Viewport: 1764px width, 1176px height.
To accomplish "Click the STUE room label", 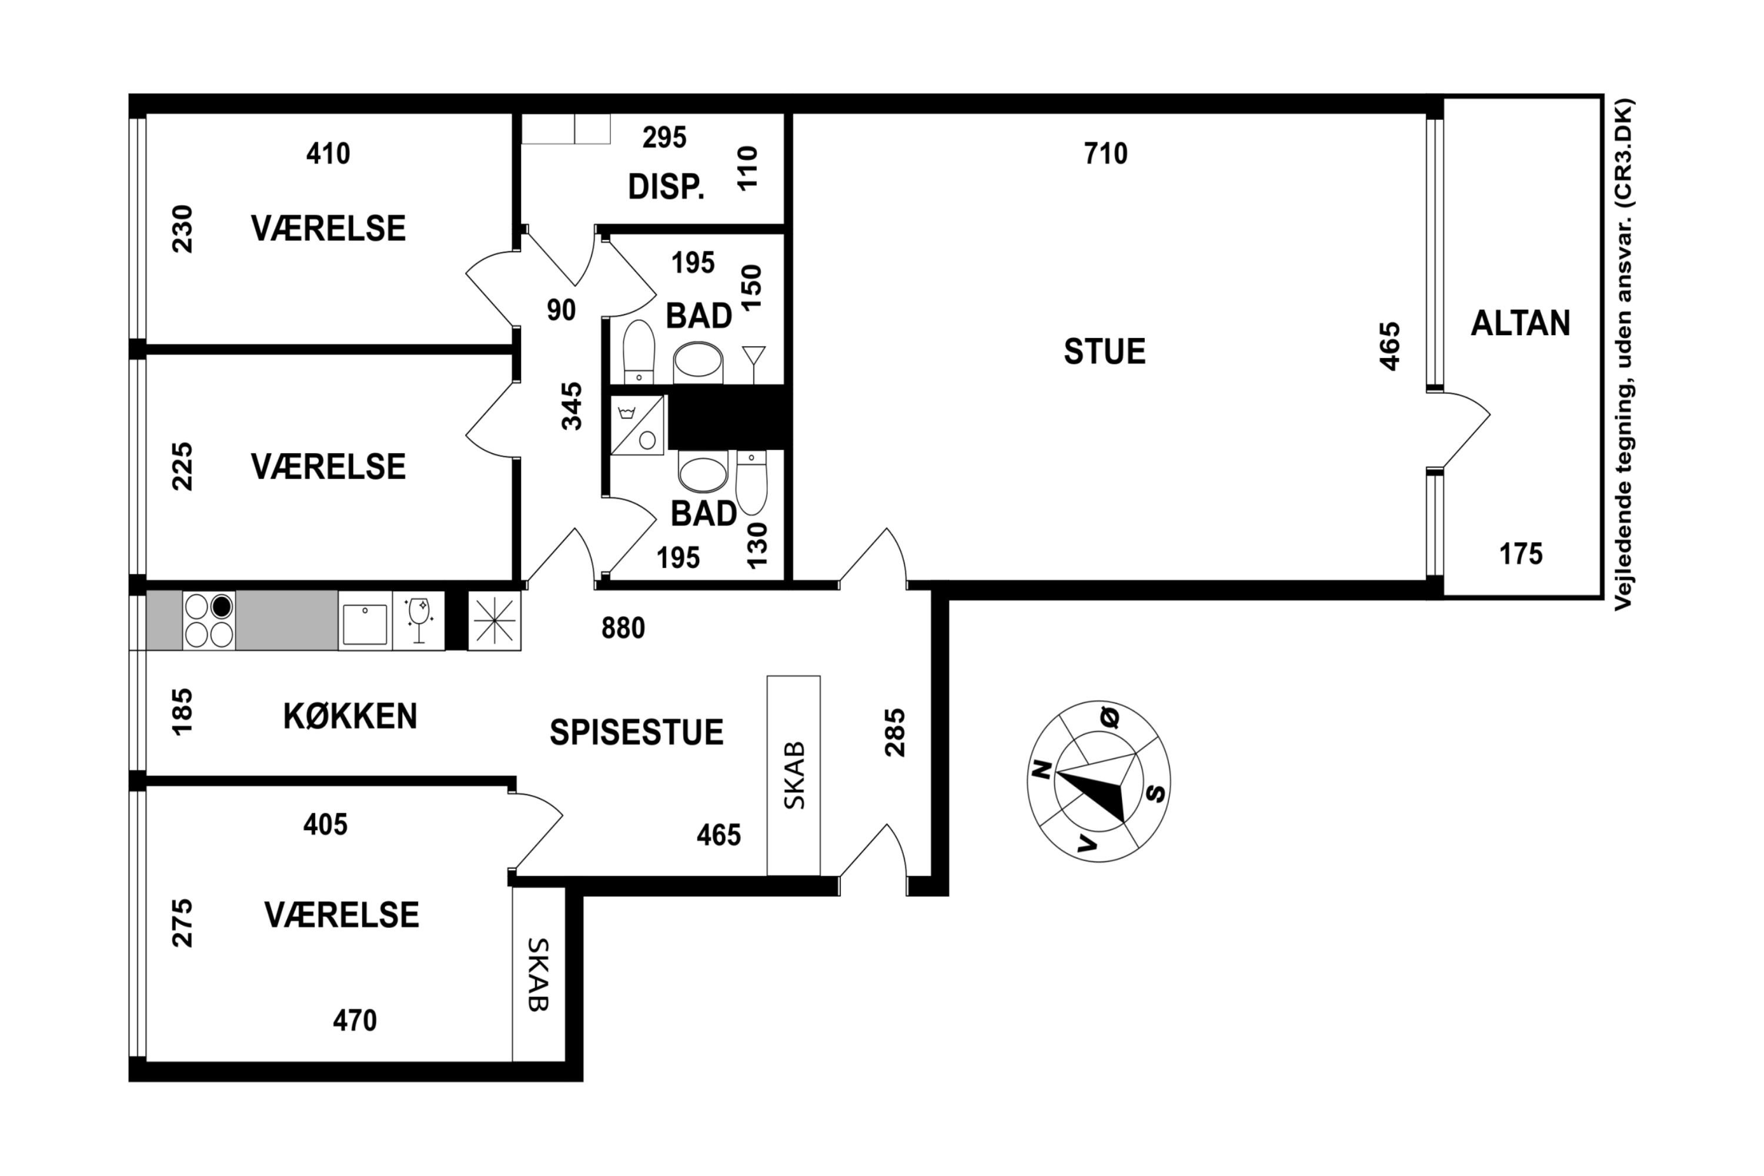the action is point(1105,352).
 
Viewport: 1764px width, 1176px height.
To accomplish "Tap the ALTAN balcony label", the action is point(1520,323).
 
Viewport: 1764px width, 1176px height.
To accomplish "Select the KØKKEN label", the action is point(350,716).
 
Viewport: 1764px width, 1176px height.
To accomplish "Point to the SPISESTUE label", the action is point(637,732).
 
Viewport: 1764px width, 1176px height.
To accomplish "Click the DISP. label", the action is point(666,187).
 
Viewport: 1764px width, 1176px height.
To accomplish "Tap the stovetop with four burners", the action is point(209,620).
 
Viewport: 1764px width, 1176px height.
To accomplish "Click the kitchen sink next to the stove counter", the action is point(365,620).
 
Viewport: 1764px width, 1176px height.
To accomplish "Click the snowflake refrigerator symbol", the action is point(495,620).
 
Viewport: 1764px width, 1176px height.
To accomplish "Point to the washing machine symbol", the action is point(637,425).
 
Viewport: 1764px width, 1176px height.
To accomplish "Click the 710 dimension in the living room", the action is point(1105,153).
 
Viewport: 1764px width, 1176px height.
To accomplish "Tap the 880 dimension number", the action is point(623,629).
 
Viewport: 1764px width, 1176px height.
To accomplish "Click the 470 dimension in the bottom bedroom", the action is point(355,1021).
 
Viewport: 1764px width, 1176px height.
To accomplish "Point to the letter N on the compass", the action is point(1041,770).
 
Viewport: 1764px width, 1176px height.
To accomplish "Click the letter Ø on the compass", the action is point(1111,717).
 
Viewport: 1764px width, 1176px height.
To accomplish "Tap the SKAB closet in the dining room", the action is point(793,776).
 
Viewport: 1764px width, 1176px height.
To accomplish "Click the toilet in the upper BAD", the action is point(639,352).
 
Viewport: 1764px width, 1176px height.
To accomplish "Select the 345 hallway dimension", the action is point(572,406).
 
